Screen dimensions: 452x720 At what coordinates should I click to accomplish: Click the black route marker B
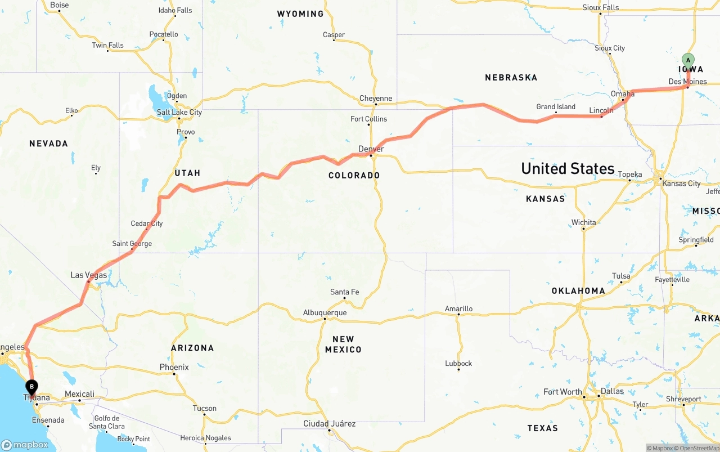32,387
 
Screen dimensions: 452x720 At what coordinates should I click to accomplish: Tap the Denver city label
371,149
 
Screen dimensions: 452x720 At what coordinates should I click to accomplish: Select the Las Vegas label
89,275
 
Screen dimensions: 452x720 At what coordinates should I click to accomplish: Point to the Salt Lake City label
179,112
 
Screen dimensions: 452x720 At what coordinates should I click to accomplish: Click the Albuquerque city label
325,313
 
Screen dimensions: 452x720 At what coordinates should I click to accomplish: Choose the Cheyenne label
376,99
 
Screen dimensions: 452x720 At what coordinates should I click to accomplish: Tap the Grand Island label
556,107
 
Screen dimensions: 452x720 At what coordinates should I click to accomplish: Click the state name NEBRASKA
511,78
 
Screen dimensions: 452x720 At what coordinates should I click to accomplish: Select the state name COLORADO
354,176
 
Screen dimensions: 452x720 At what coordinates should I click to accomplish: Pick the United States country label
568,168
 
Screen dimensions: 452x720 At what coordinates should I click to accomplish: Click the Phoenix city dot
174,374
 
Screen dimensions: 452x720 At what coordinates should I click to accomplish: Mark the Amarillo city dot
458,315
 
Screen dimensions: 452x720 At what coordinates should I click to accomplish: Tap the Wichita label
583,222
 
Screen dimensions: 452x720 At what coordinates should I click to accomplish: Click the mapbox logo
25,445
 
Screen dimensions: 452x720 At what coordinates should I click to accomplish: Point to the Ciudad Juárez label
329,423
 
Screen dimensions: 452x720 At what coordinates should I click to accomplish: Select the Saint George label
132,244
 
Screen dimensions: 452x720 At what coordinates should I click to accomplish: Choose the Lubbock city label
458,363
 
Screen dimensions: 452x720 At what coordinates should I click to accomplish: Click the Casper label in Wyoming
334,35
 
